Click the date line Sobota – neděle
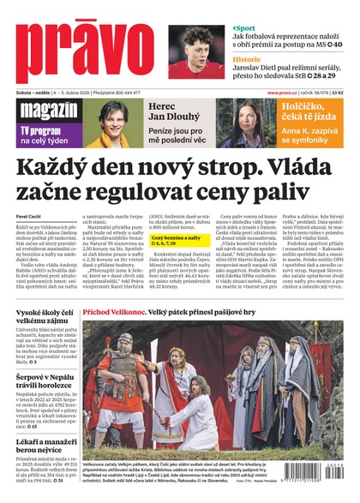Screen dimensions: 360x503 tap(32, 92)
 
